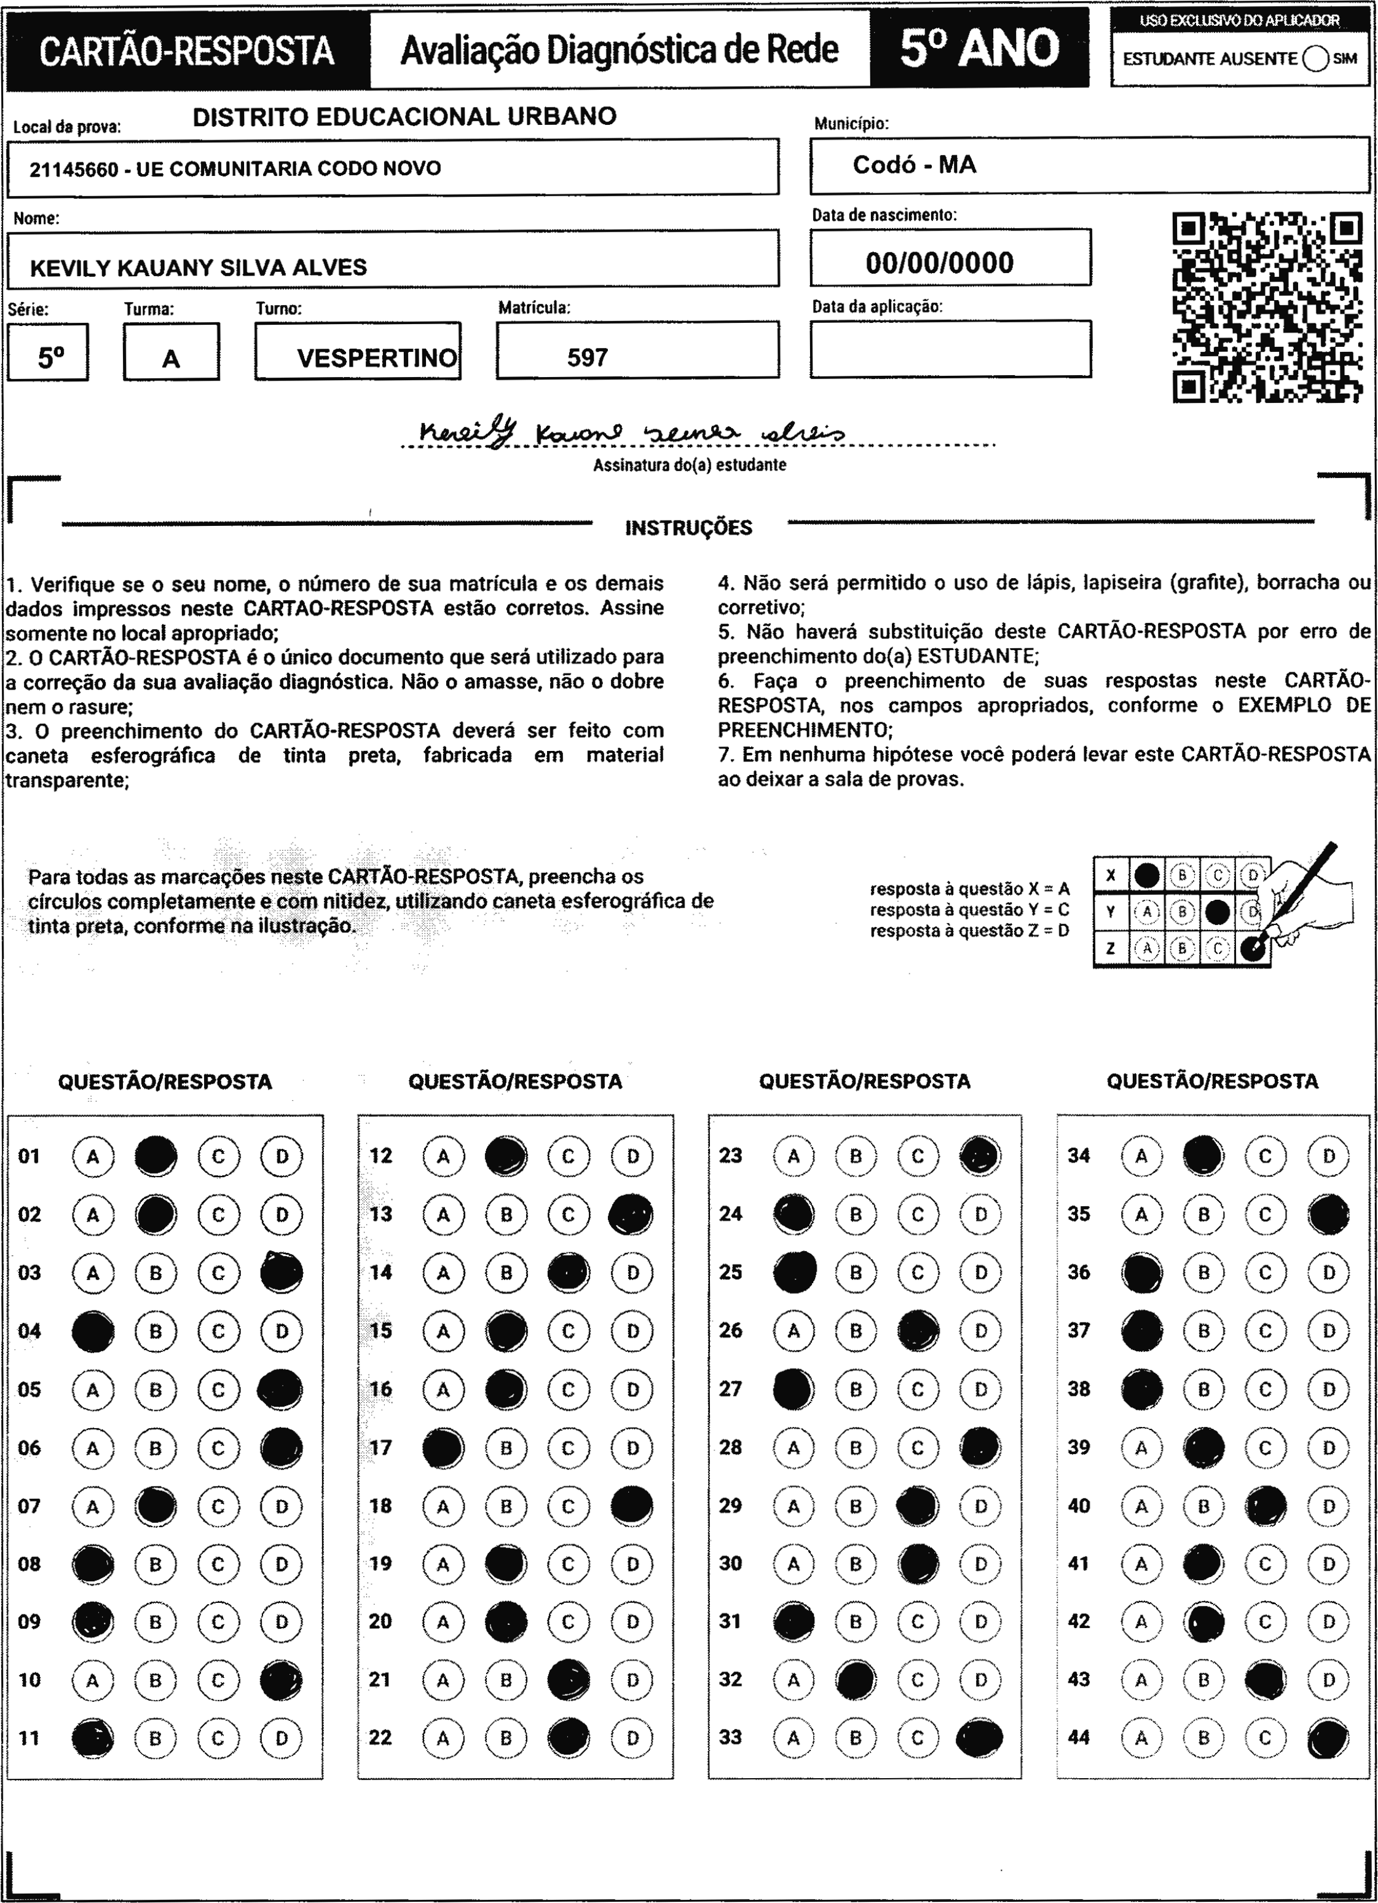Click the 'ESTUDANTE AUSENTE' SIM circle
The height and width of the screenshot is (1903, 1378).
tap(1315, 58)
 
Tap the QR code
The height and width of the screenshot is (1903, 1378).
tap(1267, 307)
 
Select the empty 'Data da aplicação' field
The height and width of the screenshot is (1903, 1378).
tap(950, 348)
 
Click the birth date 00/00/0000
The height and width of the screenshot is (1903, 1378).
tap(939, 263)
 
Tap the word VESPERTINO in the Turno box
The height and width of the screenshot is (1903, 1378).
tap(377, 359)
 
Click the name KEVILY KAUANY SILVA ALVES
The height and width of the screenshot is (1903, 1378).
tap(198, 268)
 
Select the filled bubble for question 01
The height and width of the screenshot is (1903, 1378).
tap(156, 1155)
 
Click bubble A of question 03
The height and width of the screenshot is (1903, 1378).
tap(93, 1272)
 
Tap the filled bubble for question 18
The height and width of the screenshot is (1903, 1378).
tap(632, 1505)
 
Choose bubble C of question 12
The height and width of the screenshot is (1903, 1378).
tap(569, 1155)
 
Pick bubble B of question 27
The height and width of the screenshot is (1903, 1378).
tap(856, 1389)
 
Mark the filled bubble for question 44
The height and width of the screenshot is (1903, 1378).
tap(1328, 1737)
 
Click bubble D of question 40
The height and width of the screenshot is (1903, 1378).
tap(1328, 1505)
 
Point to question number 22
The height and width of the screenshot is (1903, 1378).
tap(380, 1737)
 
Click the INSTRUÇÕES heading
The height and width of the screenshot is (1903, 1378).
tap(688, 528)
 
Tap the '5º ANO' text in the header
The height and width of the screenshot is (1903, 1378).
tap(980, 49)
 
